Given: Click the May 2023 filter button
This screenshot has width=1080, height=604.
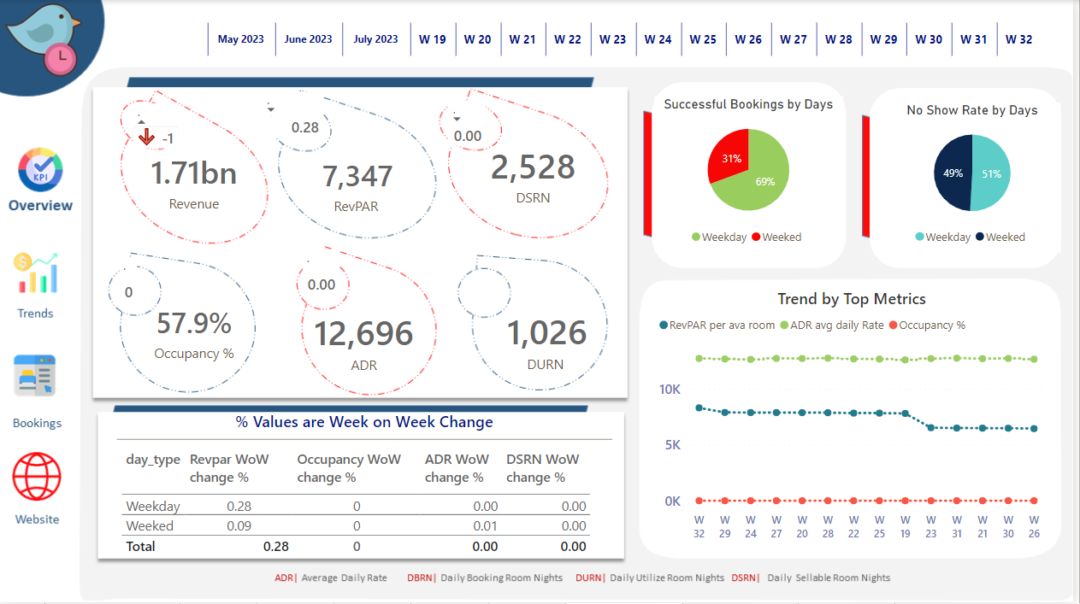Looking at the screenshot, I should [x=241, y=39].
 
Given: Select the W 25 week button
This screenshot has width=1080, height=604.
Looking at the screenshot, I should [x=703, y=39].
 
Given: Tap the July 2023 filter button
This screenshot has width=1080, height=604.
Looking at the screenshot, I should [x=375, y=39].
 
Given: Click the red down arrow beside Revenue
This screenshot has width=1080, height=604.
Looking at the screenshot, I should [x=146, y=137].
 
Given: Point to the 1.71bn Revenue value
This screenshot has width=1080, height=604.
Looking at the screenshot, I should [x=193, y=173].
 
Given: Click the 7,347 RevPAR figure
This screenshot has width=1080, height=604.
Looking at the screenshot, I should [x=357, y=176].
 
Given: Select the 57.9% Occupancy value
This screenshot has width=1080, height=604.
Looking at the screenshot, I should [x=194, y=324].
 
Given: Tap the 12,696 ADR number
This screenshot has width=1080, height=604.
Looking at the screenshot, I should [x=363, y=333].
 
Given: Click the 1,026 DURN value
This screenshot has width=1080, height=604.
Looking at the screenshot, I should [x=546, y=333].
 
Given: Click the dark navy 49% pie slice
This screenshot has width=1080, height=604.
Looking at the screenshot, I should [x=952, y=173].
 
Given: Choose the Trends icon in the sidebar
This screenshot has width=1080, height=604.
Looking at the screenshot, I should [x=36, y=273].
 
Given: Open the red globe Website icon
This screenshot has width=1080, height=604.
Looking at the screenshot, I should [x=37, y=477].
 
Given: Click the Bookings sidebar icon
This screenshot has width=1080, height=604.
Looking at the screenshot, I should [x=36, y=377].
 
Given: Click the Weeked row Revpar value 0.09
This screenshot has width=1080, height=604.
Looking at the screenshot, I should [x=239, y=526].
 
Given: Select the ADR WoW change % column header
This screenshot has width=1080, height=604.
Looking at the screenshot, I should [x=457, y=468].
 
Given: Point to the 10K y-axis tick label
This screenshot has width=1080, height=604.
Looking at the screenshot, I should [x=670, y=390].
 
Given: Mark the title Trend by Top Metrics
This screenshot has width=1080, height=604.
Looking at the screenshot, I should [x=851, y=299].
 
